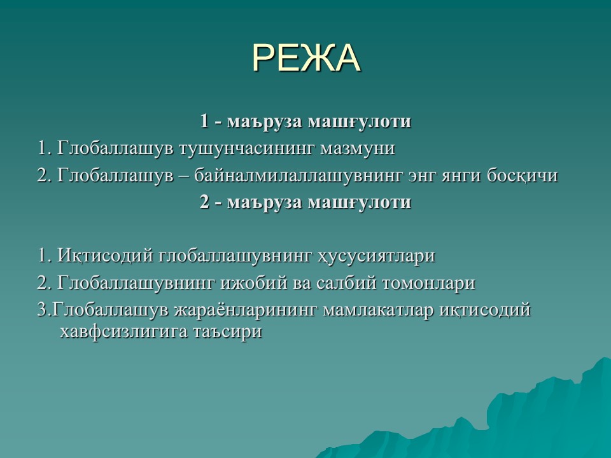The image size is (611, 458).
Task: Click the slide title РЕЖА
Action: [306, 58]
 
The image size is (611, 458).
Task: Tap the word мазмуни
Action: [358, 149]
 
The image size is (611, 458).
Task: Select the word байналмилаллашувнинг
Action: [298, 176]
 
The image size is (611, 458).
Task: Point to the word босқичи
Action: [522, 176]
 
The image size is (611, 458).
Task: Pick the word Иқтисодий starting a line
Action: [105, 256]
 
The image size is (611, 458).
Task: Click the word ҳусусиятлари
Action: [376, 256]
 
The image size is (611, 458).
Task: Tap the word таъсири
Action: [227, 332]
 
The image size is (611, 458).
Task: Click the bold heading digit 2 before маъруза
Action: [204, 202]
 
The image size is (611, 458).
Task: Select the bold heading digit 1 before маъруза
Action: [204, 121]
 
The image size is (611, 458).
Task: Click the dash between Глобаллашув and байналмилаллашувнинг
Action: [184, 176]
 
